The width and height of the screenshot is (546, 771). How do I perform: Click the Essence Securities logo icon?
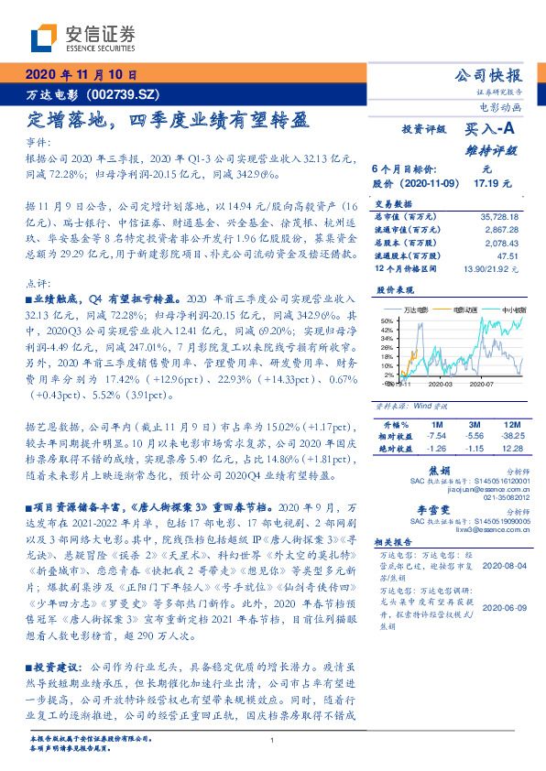point(45,39)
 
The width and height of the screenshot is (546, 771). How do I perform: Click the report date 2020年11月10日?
point(82,76)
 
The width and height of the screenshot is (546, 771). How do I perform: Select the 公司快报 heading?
point(488,75)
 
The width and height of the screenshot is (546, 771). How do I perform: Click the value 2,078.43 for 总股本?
point(504,243)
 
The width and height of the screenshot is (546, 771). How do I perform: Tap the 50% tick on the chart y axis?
point(388,320)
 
